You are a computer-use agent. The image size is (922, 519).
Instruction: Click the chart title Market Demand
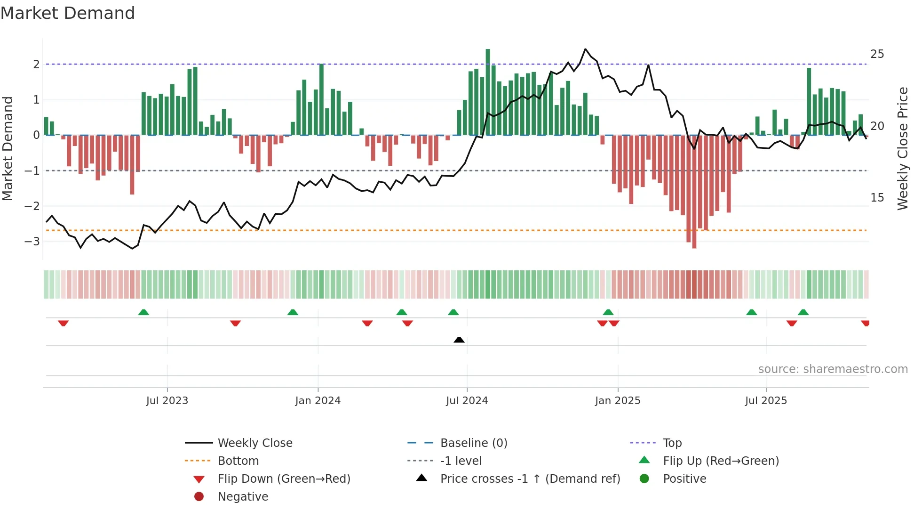68,13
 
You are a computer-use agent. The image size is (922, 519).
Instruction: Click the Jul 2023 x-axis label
167,401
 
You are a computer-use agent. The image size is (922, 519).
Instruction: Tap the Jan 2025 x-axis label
617,401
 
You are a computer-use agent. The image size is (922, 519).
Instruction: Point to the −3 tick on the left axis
32,242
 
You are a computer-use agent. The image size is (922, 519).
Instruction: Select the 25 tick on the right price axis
877,54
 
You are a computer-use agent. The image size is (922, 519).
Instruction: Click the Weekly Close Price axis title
902,148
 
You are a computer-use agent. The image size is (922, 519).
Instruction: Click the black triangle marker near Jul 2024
459,340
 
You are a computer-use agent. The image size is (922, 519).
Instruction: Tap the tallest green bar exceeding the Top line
488,92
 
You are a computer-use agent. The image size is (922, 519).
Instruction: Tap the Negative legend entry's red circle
199,497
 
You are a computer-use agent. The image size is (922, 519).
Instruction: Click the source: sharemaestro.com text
833,369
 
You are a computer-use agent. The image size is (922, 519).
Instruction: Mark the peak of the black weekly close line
585,49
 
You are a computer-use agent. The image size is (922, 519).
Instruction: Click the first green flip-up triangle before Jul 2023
143,312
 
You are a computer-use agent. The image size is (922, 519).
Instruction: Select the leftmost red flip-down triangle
64,323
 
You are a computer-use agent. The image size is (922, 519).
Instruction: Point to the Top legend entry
672,443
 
